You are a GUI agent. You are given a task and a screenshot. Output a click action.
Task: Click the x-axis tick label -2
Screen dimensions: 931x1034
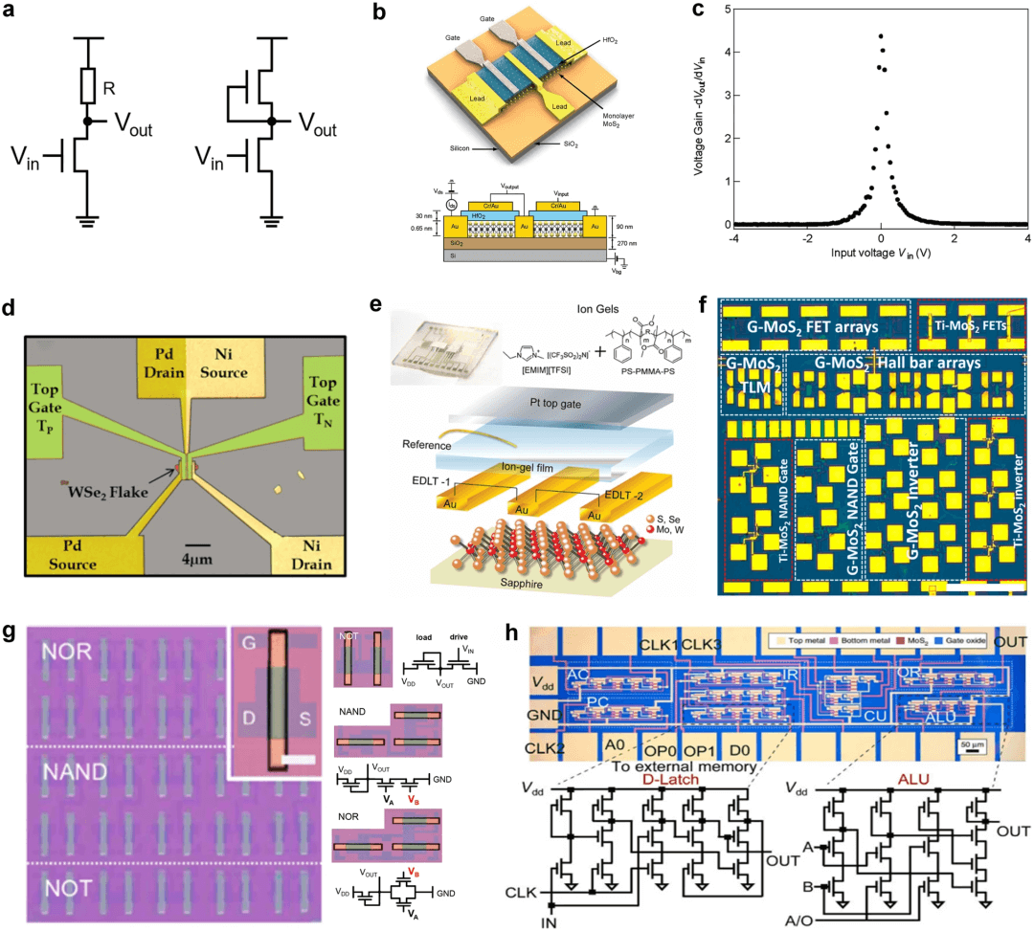(x=806, y=239)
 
